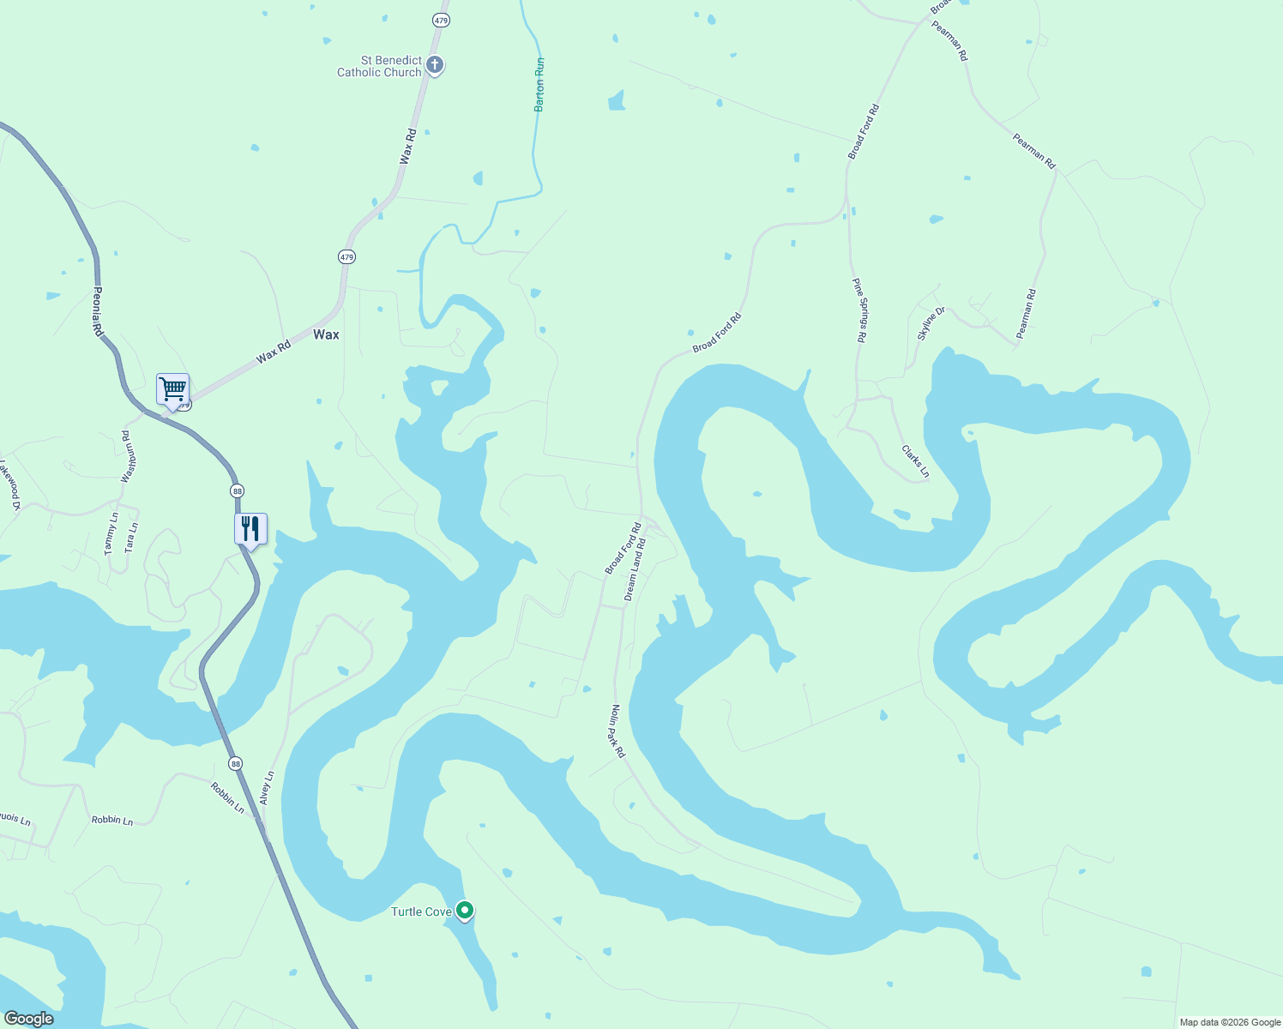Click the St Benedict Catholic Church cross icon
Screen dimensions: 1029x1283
[435, 64]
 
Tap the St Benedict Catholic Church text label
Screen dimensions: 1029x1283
[379, 66]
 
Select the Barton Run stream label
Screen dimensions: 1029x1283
[539, 85]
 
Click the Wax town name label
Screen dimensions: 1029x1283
[326, 334]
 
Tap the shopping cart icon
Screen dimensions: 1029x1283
[172, 390]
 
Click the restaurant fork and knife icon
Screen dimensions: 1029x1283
[250, 528]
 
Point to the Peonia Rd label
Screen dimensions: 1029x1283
[98, 311]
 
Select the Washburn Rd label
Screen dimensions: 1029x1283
[129, 456]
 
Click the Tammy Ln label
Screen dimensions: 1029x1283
[111, 533]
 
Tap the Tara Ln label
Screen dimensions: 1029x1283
[131, 538]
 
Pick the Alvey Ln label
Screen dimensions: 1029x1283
[267, 787]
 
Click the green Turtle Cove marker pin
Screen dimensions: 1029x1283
[465, 910]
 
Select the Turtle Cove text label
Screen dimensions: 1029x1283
[420, 912]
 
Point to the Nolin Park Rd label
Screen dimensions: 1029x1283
[617, 731]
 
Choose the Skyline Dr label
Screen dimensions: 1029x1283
[931, 323]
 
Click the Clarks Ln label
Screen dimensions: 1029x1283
[915, 461]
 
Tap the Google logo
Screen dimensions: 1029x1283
[28, 1019]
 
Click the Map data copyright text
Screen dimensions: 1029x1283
[1230, 1022]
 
